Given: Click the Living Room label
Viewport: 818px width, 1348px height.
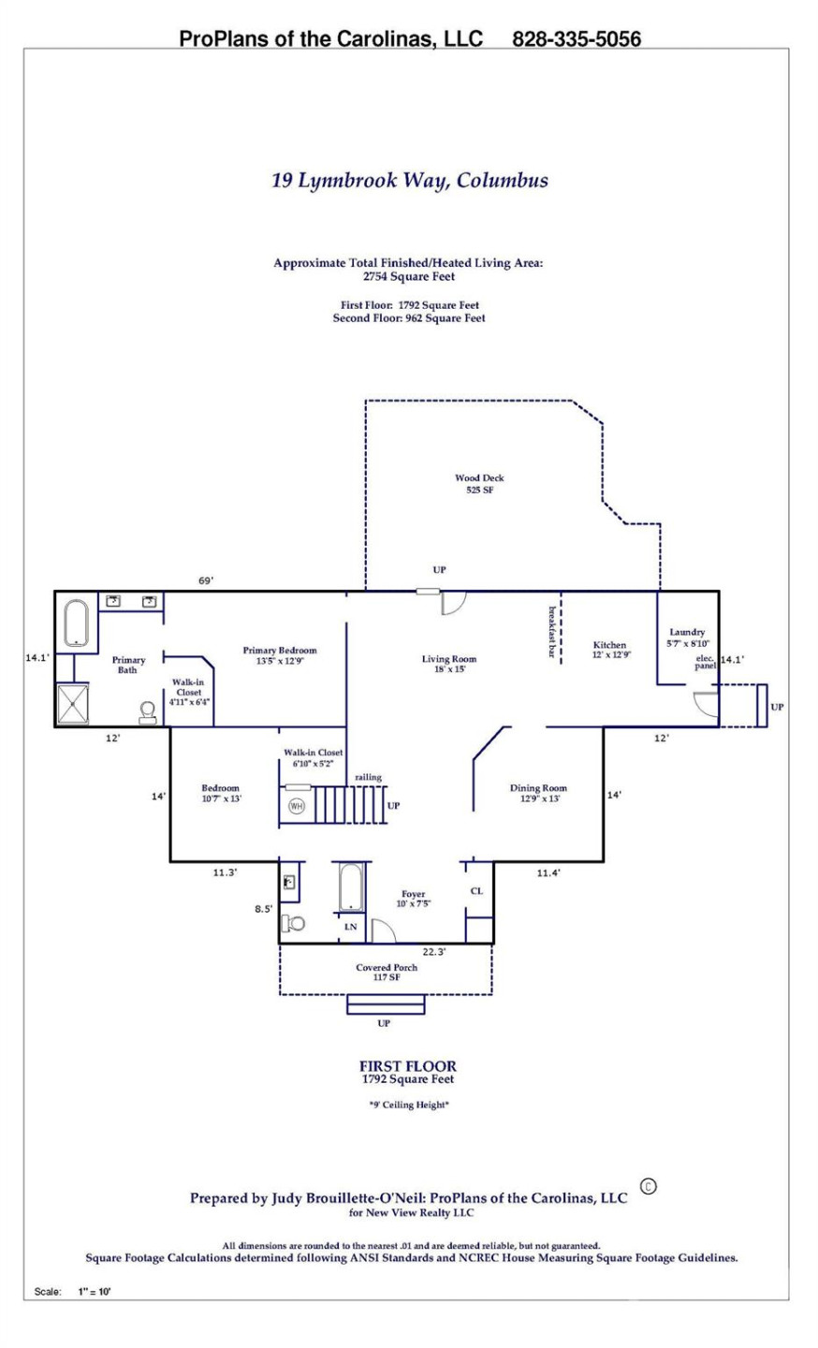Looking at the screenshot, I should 449,664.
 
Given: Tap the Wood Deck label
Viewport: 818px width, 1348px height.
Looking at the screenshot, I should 479,483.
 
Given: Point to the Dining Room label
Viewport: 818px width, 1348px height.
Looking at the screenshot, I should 538,793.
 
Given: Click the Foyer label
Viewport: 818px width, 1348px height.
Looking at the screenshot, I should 413,899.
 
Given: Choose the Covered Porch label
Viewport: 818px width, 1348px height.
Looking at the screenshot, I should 387,972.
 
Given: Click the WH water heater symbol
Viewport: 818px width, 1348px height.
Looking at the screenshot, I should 297,805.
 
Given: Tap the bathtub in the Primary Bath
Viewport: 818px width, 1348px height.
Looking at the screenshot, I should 76,623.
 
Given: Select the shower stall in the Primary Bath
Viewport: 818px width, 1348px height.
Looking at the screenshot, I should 74,704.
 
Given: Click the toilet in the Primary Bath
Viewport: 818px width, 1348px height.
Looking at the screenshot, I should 148,713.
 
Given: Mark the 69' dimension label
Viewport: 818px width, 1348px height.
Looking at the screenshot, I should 205,580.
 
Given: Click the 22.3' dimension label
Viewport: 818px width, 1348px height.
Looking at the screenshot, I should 433,951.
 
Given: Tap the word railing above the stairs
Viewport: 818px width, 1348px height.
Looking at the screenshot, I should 368,777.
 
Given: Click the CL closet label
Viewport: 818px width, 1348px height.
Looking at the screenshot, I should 476,890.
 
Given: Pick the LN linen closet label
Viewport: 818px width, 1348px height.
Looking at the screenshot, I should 351,927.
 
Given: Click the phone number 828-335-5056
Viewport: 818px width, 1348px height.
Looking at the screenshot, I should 577,38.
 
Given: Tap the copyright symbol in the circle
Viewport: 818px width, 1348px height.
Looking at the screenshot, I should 648,1186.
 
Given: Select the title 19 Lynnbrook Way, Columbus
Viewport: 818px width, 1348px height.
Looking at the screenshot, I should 410,180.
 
